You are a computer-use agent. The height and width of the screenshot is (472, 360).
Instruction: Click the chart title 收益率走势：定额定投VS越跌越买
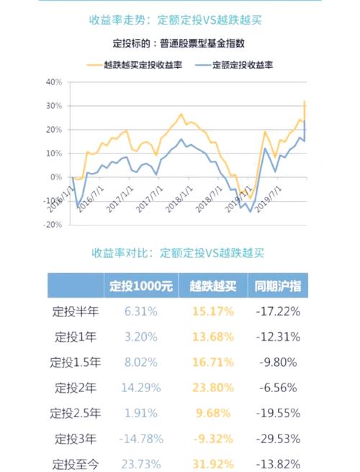(x=179, y=19)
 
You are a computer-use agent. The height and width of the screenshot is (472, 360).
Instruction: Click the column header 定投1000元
(x=140, y=285)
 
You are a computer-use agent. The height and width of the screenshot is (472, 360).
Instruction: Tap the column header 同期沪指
(x=277, y=285)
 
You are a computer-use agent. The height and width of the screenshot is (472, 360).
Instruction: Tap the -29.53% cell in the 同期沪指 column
(x=278, y=437)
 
